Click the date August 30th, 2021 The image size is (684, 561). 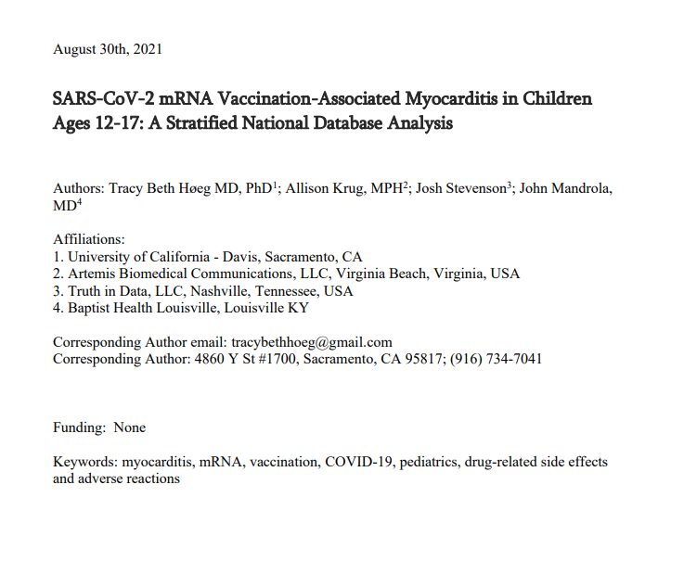tap(108, 49)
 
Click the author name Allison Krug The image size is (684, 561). tap(321, 188)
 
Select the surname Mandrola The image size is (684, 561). tap(577, 188)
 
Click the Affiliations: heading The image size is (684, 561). tap(89, 239)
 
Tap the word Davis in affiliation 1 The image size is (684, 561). tap(252, 257)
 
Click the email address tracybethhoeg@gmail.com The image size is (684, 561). tap(311, 341)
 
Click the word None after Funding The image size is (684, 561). tap(130, 427)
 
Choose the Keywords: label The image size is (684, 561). tap(84, 462)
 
